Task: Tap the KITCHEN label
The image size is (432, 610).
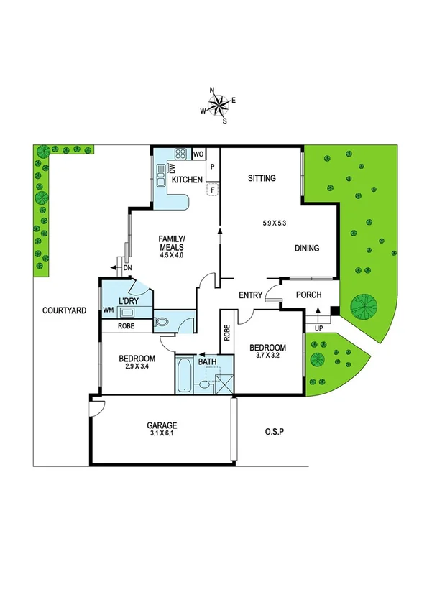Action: coord(186,180)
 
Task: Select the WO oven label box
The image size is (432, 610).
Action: coord(199,154)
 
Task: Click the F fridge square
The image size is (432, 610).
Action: coord(212,190)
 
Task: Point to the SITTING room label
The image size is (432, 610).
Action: coord(261,178)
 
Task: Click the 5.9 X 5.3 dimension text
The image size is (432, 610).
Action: coord(275,223)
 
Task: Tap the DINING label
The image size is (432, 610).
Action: coord(307,249)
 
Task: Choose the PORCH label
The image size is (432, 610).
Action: coord(308,295)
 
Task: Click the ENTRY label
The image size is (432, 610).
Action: coord(251,295)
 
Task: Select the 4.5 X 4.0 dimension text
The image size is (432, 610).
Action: coord(171,254)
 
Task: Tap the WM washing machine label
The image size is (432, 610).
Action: coord(109,310)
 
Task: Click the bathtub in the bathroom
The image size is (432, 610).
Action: coord(183,374)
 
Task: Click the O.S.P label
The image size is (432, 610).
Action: coord(275,432)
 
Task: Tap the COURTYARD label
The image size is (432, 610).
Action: coord(64,310)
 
